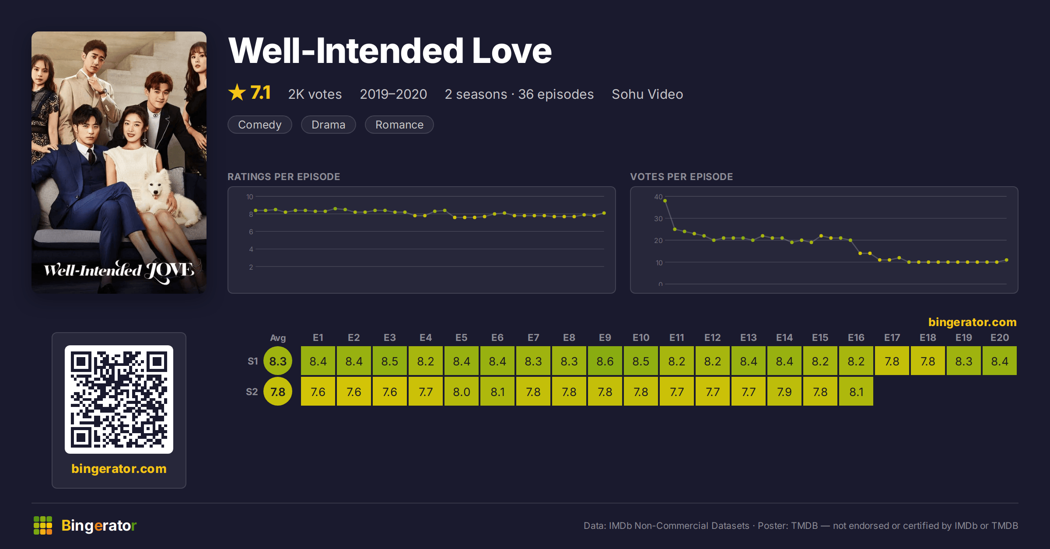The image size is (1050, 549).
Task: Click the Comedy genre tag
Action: click(260, 125)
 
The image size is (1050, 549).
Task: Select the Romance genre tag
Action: click(399, 125)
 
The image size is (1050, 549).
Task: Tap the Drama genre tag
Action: click(329, 125)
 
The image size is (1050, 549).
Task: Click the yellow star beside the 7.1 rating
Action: click(237, 92)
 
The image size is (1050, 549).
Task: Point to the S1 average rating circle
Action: click(278, 361)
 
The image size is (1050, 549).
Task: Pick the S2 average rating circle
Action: click(278, 392)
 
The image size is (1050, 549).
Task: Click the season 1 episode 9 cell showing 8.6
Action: click(605, 361)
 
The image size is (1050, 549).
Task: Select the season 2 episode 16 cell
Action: click(856, 392)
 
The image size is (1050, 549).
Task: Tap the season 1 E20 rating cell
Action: click(1000, 361)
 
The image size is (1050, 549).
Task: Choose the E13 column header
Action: click(749, 337)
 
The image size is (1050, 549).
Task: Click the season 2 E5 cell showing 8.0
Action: click(462, 392)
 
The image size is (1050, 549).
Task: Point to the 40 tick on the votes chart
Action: click(658, 197)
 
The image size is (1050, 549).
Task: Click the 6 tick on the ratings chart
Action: click(251, 232)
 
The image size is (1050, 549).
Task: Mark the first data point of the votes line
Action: click(665, 201)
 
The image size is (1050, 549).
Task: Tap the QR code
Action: click(119, 400)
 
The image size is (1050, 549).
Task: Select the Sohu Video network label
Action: click(647, 94)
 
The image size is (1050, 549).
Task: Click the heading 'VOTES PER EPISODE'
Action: click(682, 177)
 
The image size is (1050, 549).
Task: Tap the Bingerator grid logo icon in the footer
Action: click(43, 525)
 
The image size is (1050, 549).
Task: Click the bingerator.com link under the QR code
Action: click(119, 469)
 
